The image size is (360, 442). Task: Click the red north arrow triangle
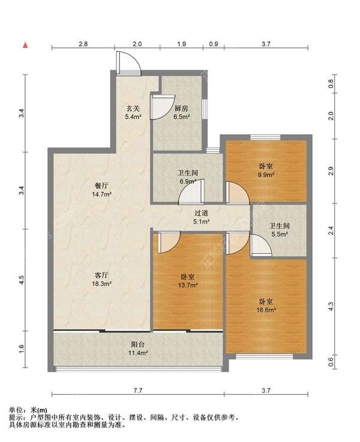(25, 45)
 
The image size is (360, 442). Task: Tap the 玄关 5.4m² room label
(133, 113)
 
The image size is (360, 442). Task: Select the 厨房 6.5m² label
(181, 113)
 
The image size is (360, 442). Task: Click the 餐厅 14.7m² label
(101, 190)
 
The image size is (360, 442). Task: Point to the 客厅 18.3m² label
(101, 279)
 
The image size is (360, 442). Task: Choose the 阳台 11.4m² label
(138, 348)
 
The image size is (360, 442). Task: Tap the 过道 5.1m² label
(201, 217)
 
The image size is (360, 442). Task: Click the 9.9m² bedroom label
(266, 170)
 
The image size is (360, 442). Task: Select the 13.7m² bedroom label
(187, 281)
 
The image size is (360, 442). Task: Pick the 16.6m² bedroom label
(266, 306)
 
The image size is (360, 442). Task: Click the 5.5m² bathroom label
(280, 230)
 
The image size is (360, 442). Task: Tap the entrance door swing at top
(128, 63)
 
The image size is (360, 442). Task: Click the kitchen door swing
(163, 107)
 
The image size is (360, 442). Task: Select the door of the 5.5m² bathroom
(261, 245)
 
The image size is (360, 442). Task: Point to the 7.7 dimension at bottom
(138, 390)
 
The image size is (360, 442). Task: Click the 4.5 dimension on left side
(22, 280)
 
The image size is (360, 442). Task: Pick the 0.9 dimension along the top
(214, 44)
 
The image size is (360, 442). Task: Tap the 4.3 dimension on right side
(331, 306)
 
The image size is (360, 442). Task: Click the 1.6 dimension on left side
(22, 349)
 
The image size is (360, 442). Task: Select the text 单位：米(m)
(28, 410)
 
